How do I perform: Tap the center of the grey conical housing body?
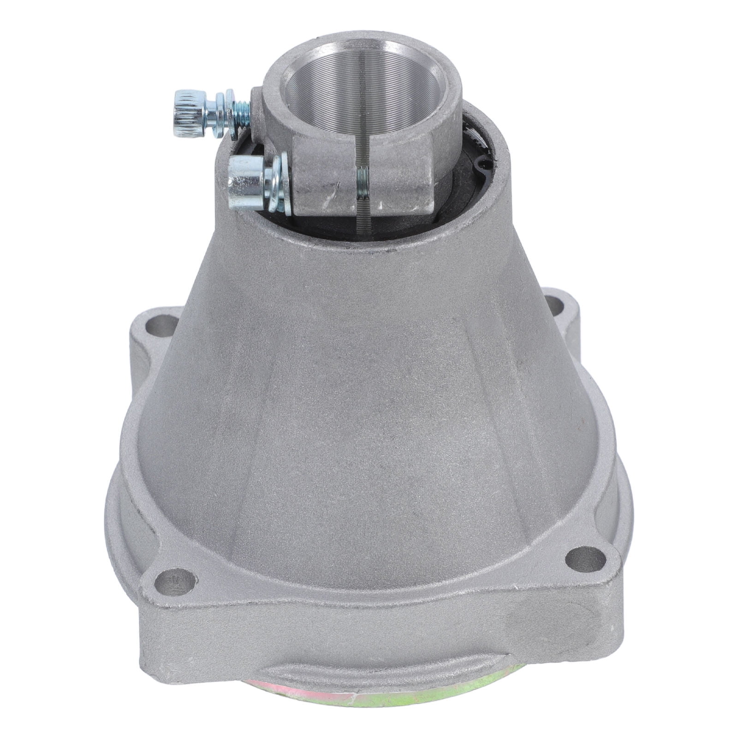point(360,415)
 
